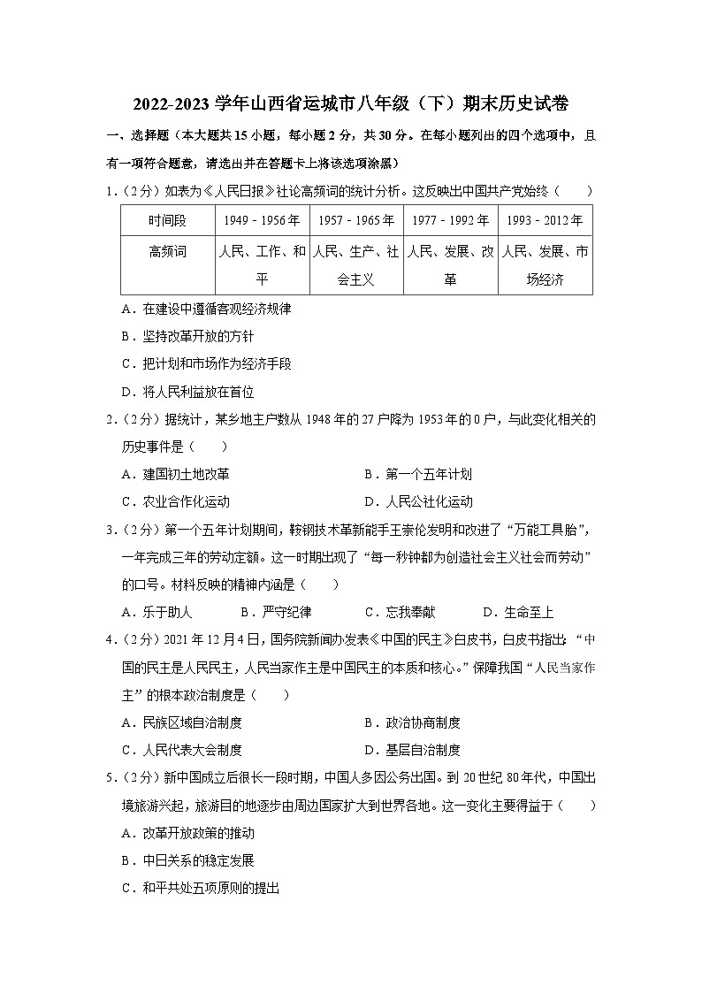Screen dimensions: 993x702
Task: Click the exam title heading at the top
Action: (350, 104)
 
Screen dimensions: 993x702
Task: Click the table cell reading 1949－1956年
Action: (263, 221)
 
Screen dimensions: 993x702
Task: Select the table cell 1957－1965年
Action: (356, 221)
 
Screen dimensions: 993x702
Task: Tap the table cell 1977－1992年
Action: (450, 221)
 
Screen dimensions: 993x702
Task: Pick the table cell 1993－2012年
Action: (545, 221)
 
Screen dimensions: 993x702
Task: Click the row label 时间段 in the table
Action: (167, 221)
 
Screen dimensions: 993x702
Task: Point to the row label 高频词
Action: (167, 252)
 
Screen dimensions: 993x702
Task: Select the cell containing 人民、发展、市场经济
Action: (545, 265)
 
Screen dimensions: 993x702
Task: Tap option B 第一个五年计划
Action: (417, 474)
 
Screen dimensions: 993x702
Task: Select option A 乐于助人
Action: (156, 612)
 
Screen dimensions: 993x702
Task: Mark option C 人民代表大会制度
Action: (181, 750)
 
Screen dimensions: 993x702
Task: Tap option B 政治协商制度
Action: (411, 722)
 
